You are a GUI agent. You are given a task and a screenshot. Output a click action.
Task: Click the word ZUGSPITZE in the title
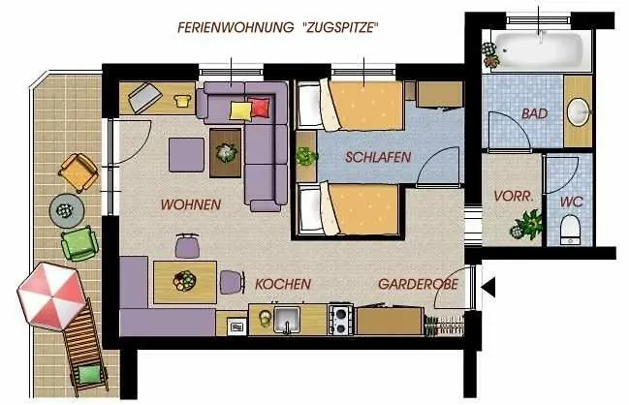[x=335, y=27]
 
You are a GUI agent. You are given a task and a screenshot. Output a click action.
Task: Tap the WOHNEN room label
[x=190, y=204]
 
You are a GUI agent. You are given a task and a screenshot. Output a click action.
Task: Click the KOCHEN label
[x=283, y=285]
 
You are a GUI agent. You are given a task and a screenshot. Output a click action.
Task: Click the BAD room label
[x=534, y=114]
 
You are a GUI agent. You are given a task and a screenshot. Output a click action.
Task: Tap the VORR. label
[x=515, y=196]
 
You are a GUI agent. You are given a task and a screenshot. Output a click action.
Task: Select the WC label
[x=570, y=202]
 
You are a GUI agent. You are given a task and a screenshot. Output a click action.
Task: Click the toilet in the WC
[x=571, y=231]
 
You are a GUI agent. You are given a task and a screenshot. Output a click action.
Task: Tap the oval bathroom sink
[x=579, y=111]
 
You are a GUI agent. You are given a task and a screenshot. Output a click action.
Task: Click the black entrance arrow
[x=488, y=286]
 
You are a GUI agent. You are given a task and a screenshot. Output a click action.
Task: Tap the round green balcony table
[x=64, y=207]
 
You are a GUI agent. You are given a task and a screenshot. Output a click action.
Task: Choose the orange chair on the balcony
[x=78, y=172]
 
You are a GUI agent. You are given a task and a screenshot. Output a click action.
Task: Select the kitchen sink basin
[x=286, y=319]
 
